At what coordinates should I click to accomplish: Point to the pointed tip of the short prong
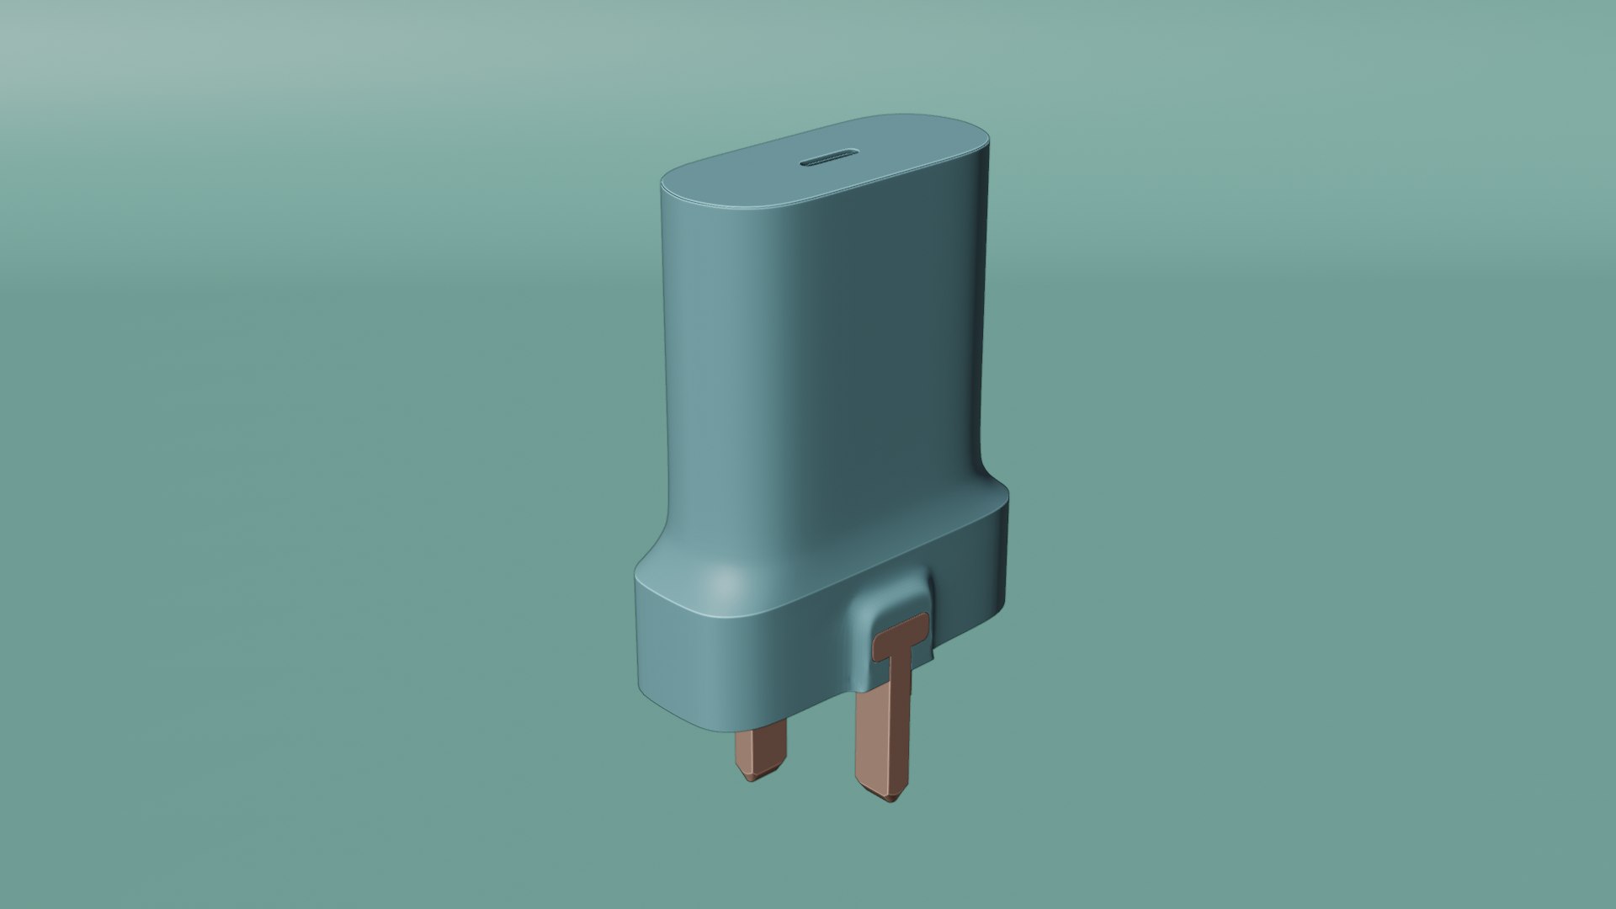pyautogui.click(x=752, y=777)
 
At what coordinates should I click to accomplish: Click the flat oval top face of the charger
pyautogui.click(x=825, y=164)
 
